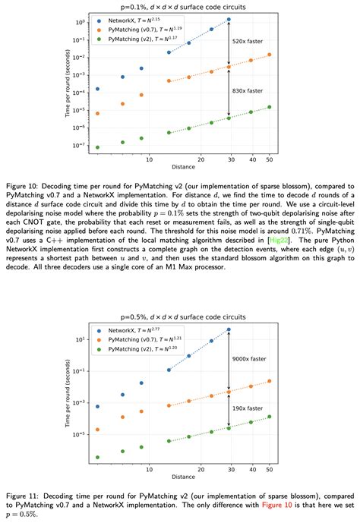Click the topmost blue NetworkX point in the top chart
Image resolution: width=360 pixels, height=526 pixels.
coord(229,20)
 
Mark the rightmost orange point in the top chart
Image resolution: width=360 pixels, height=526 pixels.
coord(269,55)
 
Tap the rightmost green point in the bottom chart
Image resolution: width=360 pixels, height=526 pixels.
coord(269,417)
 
